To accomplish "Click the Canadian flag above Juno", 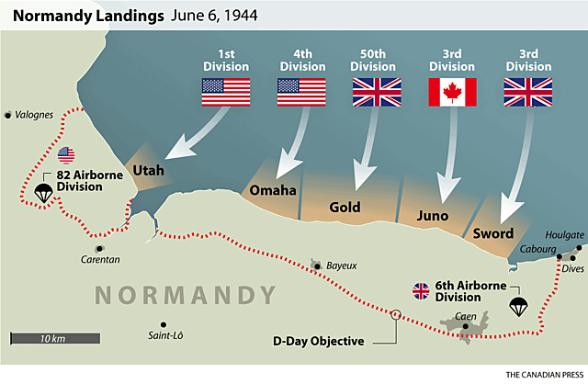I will pos(452,92).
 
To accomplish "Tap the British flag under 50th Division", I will pos(377,92).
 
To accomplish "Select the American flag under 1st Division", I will pos(226,92).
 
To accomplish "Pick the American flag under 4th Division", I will pos(301,92).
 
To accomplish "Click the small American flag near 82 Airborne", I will pos(67,153).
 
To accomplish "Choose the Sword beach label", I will pos(492,233).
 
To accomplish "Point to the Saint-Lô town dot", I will pos(162,324).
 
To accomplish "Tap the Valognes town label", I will pos(33,115).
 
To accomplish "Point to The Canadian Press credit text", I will pos(534,373).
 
